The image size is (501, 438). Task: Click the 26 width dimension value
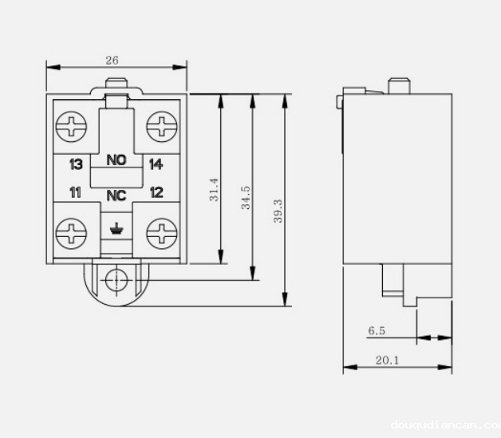pos(112,61)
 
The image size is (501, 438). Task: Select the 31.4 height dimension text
pos(215,190)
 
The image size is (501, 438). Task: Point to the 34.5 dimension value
pos(247,197)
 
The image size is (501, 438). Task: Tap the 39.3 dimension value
pos(278,211)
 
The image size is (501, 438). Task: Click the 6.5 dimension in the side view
pos(377,329)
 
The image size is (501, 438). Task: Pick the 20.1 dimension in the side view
pos(387,361)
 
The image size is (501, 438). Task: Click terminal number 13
pos(77,164)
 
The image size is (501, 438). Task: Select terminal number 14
pos(156,164)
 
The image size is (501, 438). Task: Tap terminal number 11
pos(76,192)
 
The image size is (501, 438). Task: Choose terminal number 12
pos(156,192)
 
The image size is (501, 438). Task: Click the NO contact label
pos(116,160)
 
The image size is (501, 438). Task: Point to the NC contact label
pos(116,194)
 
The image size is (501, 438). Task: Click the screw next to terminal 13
pos(73,125)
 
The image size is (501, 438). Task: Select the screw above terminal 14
pos(162,125)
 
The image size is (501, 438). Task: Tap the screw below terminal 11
pos(73,234)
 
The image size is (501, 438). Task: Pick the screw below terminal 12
pos(162,234)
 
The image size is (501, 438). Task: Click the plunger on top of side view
pos(397,85)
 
